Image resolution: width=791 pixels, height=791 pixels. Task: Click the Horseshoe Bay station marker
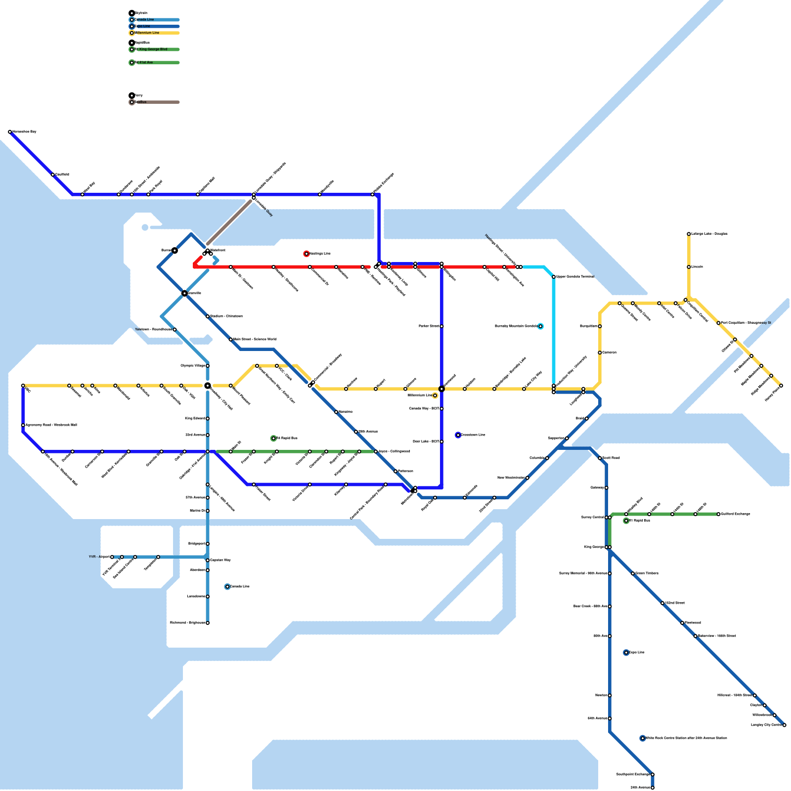(10, 132)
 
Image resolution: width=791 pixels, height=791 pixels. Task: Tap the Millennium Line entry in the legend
(147, 33)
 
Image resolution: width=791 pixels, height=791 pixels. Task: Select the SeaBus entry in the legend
(140, 102)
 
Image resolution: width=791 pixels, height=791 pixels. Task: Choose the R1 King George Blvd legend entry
(151, 49)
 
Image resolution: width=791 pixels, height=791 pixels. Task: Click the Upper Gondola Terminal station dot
(554, 277)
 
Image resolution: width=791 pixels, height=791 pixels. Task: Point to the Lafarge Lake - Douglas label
(709, 234)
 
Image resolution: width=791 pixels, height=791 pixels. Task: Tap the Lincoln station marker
(689, 267)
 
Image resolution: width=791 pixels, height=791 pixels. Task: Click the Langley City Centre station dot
(784, 725)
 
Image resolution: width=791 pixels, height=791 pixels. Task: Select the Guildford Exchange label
(736, 514)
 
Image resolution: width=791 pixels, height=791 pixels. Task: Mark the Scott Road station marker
(600, 458)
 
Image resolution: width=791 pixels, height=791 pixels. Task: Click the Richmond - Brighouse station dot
(208, 623)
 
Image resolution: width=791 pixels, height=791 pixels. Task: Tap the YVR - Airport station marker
(112, 557)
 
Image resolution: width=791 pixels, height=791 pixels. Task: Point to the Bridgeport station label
(197, 544)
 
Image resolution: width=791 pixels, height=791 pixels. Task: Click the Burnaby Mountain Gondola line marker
(540, 326)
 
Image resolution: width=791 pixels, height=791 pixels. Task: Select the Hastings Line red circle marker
(307, 254)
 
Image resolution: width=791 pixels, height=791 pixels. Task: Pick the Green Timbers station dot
(633, 573)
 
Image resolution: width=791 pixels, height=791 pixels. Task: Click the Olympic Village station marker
(208, 366)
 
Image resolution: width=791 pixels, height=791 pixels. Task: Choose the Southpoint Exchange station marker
(653, 775)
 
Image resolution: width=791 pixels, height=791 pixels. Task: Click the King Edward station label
(195, 419)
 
